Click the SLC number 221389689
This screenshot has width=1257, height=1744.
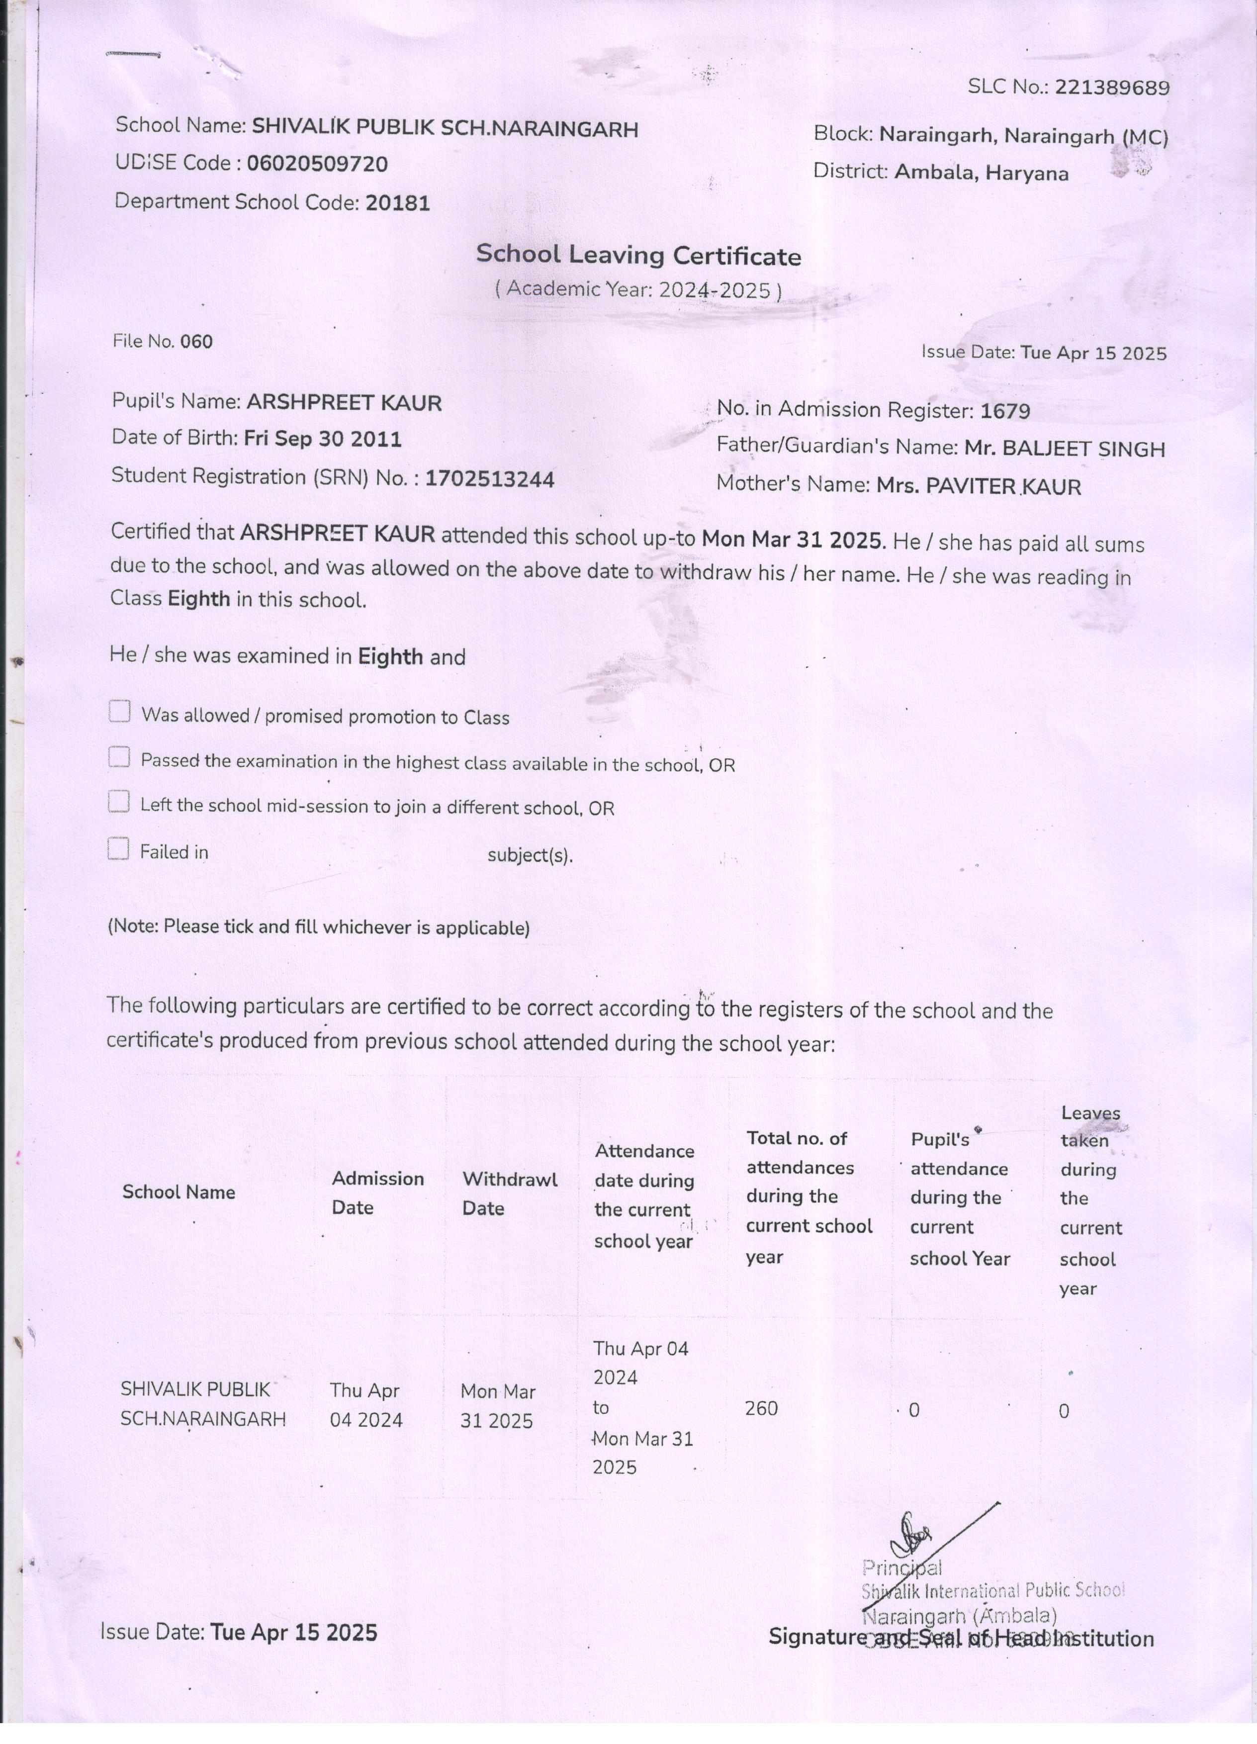coord(1112,88)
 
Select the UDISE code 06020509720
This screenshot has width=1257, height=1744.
coord(318,164)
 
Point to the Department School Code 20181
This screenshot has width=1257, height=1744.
coord(397,203)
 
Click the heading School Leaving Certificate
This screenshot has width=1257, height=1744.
coord(638,255)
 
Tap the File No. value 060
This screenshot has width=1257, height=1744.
coord(196,342)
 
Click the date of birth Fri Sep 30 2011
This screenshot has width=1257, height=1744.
coord(323,439)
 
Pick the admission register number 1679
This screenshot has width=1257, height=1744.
coord(1005,411)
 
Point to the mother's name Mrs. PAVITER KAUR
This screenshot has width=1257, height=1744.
coord(979,486)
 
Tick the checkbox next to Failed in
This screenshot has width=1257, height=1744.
coord(118,849)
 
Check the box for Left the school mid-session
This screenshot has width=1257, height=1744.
coord(118,802)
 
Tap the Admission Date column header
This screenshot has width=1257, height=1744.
coord(377,1193)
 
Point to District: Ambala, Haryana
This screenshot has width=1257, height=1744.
coord(941,172)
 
